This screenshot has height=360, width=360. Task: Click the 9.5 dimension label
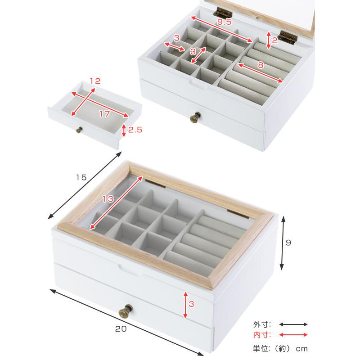pyautogui.click(x=224, y=22)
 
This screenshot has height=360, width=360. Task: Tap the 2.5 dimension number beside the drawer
pyautogui.click(x=135, y=130)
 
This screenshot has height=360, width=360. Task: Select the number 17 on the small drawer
pyautogui.click(x=104, y=114)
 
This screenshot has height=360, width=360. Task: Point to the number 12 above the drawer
pyautogui.click(x=95, y=81)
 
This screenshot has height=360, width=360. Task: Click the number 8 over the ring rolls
pyautogui.click(x=261, y=65)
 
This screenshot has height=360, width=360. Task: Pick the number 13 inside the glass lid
pyautogui.click(x=108, y=199)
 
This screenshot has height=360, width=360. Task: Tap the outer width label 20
pyautogui.click(x=121, y=329)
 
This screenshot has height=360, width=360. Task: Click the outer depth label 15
pyautogui.click(x=81, y=177)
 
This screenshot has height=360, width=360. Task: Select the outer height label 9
pyautogui.click(x=288, y=243)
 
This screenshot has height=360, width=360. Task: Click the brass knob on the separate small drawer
pyautogui.click(x=80, y=130)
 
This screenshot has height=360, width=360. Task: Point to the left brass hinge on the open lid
pyautogui.click(x=223, y=13)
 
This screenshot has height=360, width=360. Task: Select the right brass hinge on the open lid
pyautogui.click(x=287, y=37)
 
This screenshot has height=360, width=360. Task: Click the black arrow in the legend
pyautogui.click(x=293, y=324)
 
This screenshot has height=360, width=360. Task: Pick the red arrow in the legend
pyautogui.click(x=293, y=335)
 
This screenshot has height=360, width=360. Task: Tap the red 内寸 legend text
pyautogui.click(x=262, y=335)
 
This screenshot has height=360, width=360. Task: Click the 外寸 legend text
pyautogui.click(x=262, y=324)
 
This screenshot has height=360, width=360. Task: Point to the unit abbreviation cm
pyautogui.click(x=301, y=349)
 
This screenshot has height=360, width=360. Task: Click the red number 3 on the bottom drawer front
pyautogui.click(x=191, y=304)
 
